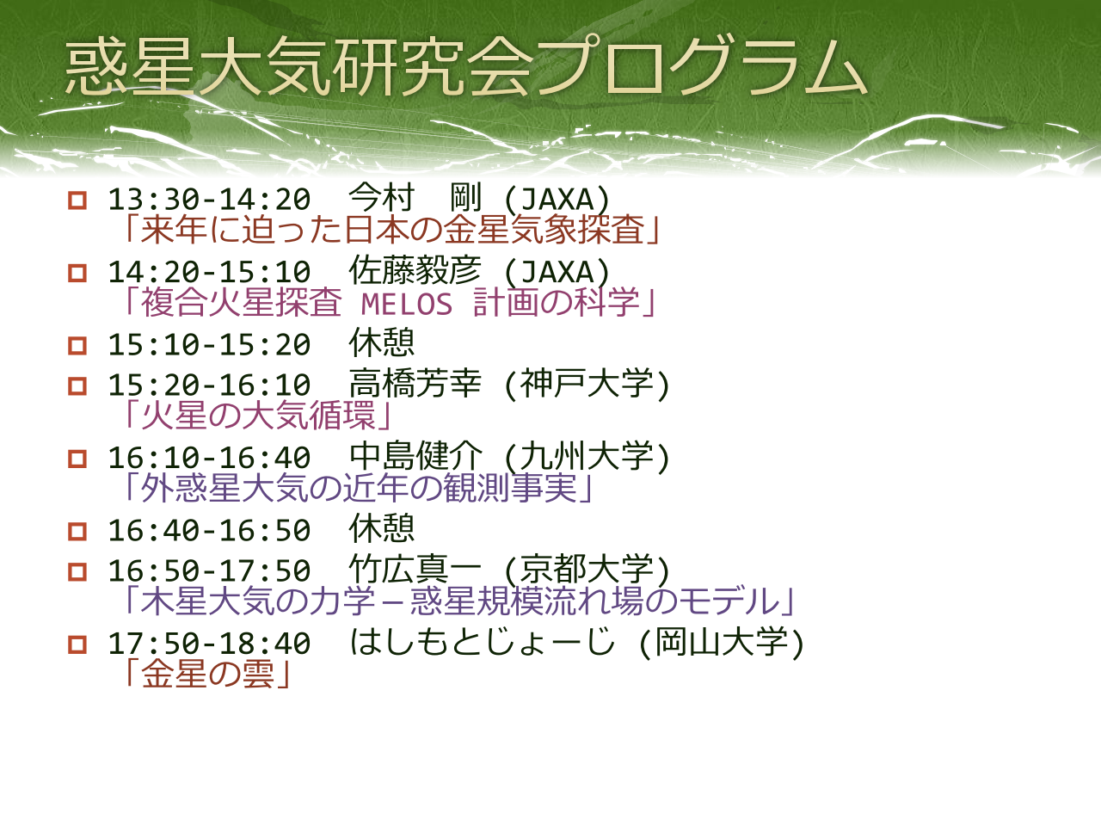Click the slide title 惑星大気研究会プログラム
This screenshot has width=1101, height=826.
point(466,66)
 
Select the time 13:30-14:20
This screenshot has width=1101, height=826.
point(210,199)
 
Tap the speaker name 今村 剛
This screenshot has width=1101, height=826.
point(415,198)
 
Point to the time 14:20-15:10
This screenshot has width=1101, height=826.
point(210,272)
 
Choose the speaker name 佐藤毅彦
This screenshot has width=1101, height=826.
point(415,270)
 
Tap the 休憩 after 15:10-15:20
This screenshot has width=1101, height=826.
point(382,343)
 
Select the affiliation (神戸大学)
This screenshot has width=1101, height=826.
point(587,384)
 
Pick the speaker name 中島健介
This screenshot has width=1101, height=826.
point(415,456)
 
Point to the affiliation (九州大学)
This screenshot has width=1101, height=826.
point(587,456)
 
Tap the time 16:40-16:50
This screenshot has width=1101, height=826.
point(210,530)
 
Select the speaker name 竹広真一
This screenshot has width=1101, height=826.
point(415,569)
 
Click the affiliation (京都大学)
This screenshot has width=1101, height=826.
point(587,570)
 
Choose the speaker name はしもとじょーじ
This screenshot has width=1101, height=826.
point(482,642)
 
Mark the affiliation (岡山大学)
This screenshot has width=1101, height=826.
point(722,642)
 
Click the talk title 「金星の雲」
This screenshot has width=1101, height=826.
point(206,674)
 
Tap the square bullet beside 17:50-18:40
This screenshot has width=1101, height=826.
point(77,644)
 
